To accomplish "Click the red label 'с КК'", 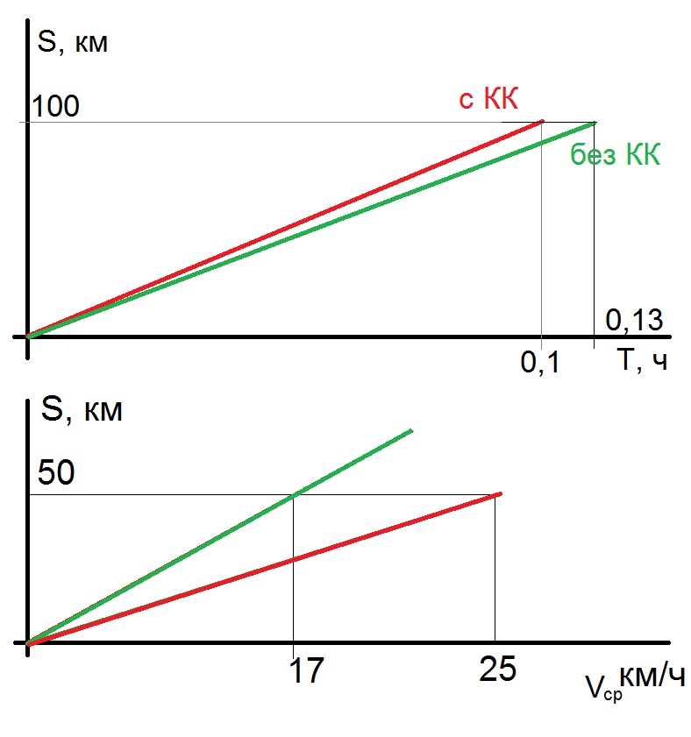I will click(488, 99).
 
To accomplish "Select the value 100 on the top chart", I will click(55, 106).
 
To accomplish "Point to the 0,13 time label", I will click(635, 322).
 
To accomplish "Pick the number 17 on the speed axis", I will click(304, 670).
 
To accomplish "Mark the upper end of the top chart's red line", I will click(544, 121).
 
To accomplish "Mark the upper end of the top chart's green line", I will click(595, 123).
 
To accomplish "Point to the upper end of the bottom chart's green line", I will click(411, 430).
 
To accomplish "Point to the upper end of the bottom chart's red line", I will click(501, 494).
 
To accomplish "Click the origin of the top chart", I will click(29, 336).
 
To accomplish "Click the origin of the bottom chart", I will click(29, 643).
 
